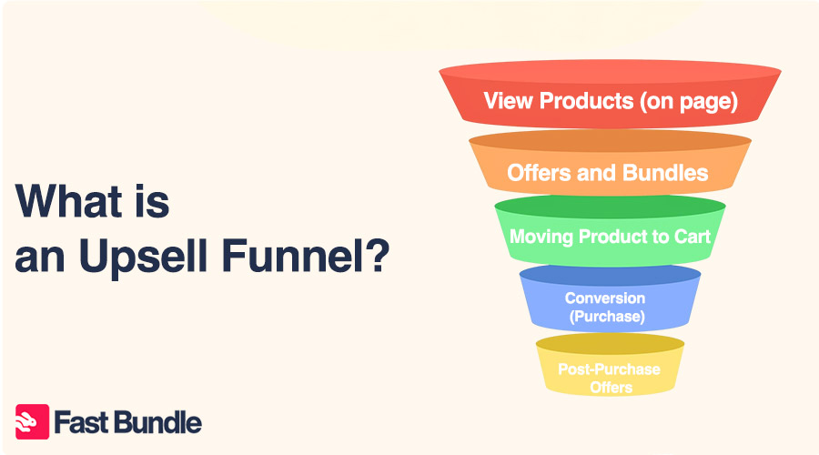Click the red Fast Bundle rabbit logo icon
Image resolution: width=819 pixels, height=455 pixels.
(x=33, y=421)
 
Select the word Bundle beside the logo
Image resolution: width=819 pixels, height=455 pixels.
(x=156, y=422)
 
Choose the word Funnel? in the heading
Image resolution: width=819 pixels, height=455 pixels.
(x=306, y=255)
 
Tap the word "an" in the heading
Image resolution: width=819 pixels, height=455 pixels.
(x=40, y=259)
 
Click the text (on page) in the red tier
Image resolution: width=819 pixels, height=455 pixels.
(x=689, y=101)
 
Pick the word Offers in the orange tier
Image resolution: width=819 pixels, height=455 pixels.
(x=539, y=173)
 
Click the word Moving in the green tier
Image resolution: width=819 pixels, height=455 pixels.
(x=541, y=238)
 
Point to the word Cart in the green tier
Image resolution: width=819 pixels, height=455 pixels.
(x=693, y=237)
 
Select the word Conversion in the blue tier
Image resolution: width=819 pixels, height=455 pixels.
(x=605, y=298)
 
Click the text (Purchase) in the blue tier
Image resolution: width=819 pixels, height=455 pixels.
(x=607, y=317)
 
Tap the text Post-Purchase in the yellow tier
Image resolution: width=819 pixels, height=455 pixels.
(x=609, y=369)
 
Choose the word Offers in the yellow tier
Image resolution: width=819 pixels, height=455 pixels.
(x=612, y=388)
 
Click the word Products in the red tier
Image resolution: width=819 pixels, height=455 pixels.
(x=587, y=101)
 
